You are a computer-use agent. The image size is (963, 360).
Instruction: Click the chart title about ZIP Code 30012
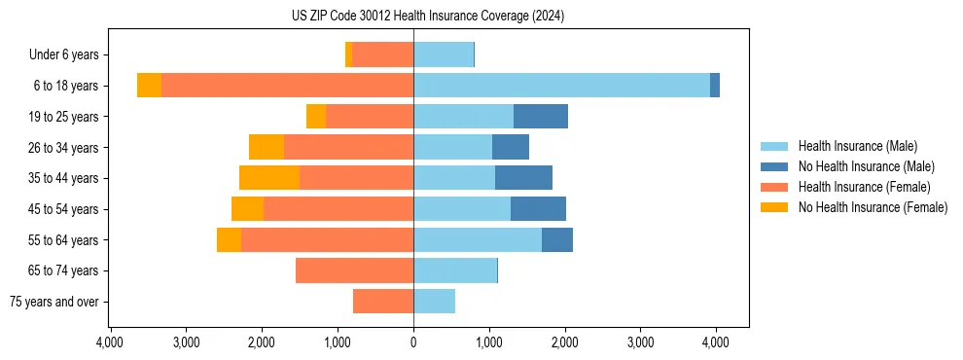coord(427,17)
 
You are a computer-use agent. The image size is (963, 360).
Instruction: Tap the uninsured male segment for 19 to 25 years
coord(541,117)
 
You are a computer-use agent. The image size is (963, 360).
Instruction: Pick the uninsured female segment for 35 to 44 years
coord(269,178)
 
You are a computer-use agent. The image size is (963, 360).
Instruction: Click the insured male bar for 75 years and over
coord(434,302)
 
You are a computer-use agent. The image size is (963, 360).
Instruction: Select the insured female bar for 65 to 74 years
coord(354,270)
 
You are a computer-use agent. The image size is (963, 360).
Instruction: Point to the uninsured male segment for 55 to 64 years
coord(557,239)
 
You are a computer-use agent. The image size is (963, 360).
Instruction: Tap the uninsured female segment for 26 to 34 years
coord(267,147)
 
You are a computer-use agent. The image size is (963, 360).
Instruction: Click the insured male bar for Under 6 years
coord(444,55)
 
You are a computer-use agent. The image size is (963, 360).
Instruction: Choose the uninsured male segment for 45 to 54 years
coord(538,209)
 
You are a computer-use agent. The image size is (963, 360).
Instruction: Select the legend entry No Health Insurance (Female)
coord(873,207)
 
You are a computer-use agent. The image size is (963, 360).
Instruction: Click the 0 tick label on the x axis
coord(413,342)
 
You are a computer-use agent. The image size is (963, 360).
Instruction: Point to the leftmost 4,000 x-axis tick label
coord(110,342)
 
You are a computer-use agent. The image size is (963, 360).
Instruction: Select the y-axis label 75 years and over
coord(53,302)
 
